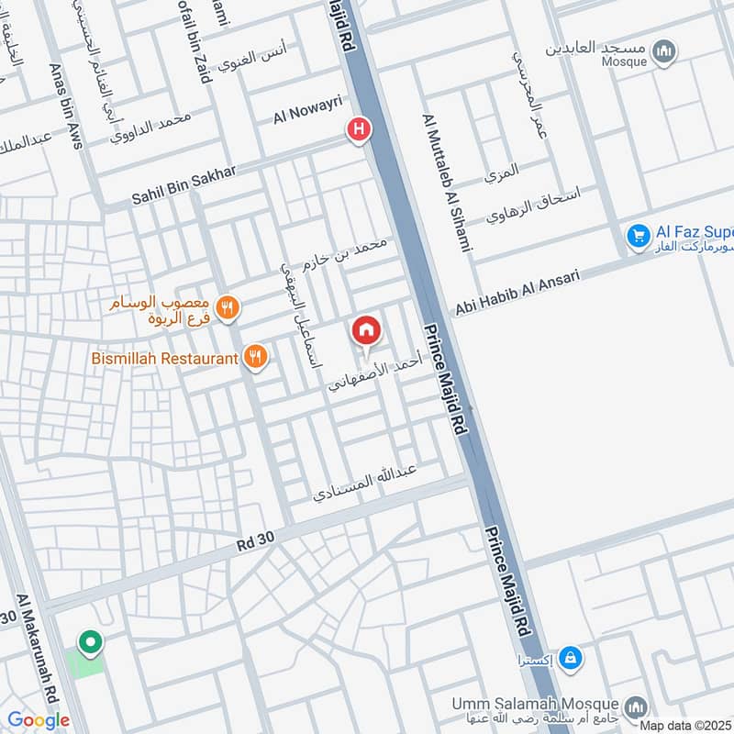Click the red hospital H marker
[x=358, y=130]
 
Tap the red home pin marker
[x=366, y=331]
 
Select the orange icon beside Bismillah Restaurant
[x=257, y=358]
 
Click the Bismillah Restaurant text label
[x=164, y=358]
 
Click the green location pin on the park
[x=90, y=643]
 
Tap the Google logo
[x=39, y=720]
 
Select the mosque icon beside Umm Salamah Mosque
[x=636, y=708]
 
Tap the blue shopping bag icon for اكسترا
[x=571, y=657]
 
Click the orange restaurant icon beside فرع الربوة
[x=229, y=308]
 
